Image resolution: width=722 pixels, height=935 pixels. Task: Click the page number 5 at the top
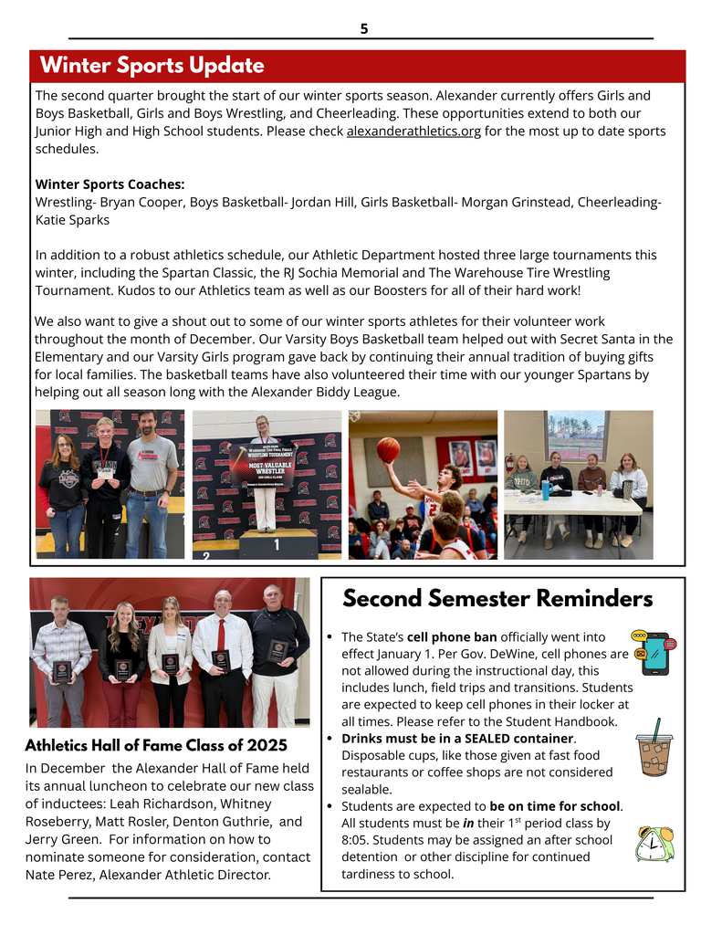[363, 28]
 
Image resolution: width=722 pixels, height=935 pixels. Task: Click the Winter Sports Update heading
[152, 66]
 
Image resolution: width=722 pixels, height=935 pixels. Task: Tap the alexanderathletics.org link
[413, 131]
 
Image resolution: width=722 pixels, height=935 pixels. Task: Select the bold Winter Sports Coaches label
[110, 184]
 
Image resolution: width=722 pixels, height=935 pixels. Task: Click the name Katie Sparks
[72, 220]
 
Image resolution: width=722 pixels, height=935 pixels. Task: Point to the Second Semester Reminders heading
[497, 599]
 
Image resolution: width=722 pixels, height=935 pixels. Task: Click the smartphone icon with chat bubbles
[654, 652]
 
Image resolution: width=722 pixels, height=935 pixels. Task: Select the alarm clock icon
[654, 844]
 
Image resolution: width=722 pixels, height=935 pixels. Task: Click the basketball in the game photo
[388, 449]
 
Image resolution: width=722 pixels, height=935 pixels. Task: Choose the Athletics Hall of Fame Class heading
[156, 745]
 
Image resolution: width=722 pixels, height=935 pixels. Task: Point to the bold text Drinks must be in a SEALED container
[457, 738]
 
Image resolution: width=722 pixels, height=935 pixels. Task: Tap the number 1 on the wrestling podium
[276, 544]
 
